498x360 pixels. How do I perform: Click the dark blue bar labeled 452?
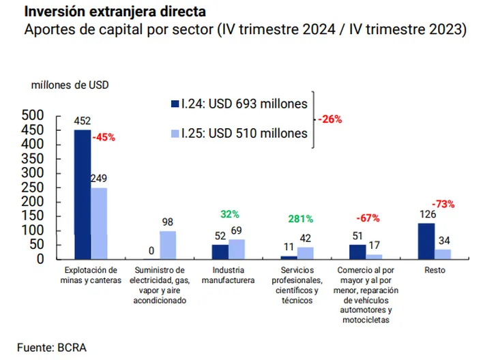point(83,194)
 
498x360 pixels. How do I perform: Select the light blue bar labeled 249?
point(100,223)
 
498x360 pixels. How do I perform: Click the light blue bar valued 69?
point(237,249)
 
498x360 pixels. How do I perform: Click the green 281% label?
point(300,219)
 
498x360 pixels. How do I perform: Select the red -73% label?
point(443,204)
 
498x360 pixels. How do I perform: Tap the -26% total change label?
point(329,119)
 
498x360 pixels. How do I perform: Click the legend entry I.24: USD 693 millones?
point(239,104)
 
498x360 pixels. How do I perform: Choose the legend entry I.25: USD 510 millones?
point(239,134)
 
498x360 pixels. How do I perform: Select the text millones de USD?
point(70,85)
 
